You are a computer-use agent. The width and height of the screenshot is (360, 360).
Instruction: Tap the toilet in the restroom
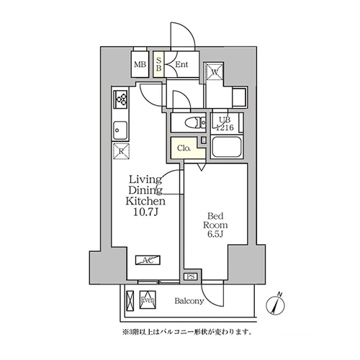[191, 122]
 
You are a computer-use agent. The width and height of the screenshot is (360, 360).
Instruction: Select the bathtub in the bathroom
[229, 148]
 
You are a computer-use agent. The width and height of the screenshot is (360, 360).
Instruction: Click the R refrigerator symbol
[120, 151]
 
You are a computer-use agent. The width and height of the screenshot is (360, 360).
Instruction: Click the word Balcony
[189, 301]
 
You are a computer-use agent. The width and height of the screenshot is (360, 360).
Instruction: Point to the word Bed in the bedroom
[215, 214]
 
